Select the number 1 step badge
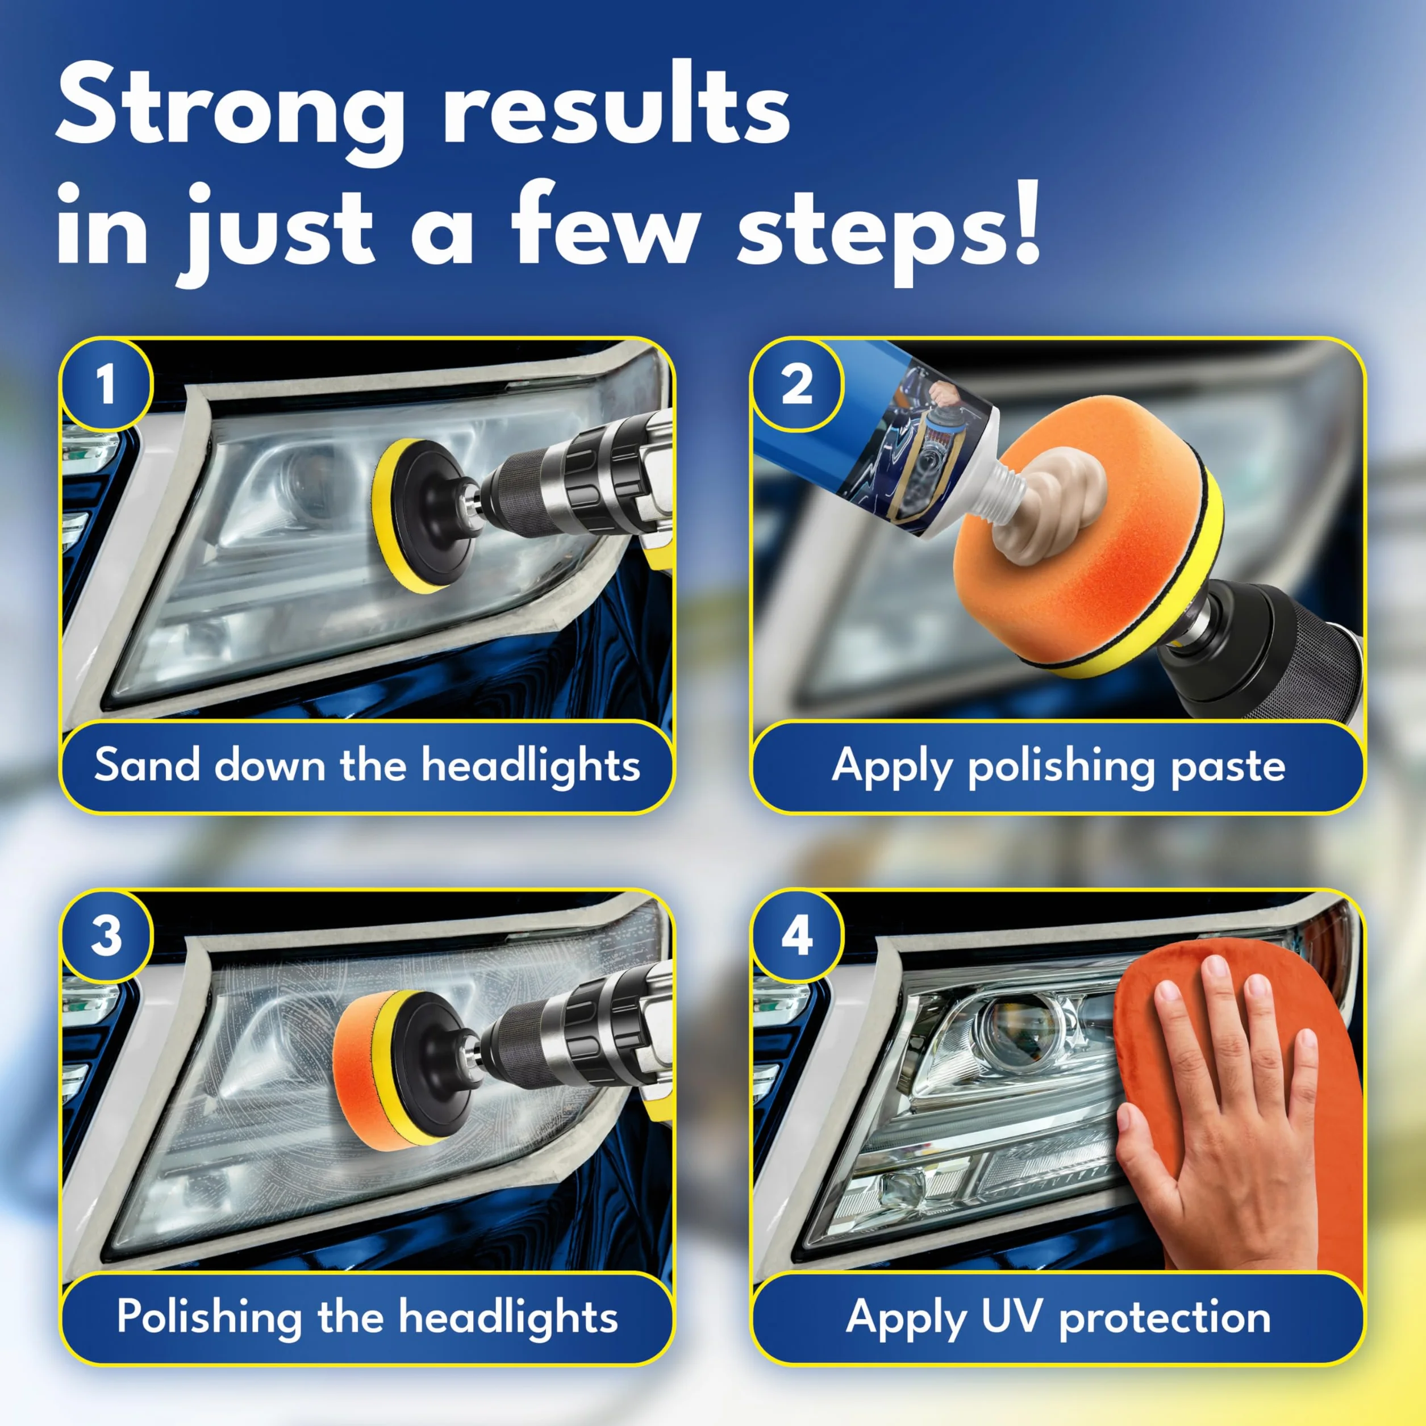click(106, 385)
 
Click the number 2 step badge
click(797, 385)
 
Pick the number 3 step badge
click(106, 936)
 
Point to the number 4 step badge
click(797, 936)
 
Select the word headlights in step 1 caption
click(531, 765)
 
